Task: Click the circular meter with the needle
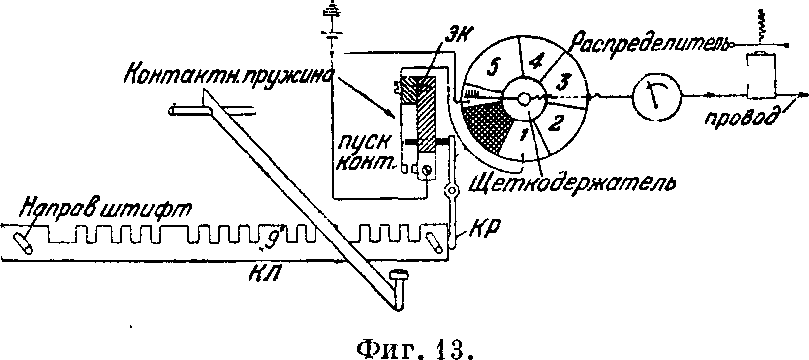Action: coord(656,97)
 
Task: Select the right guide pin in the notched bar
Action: coord(435,242)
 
